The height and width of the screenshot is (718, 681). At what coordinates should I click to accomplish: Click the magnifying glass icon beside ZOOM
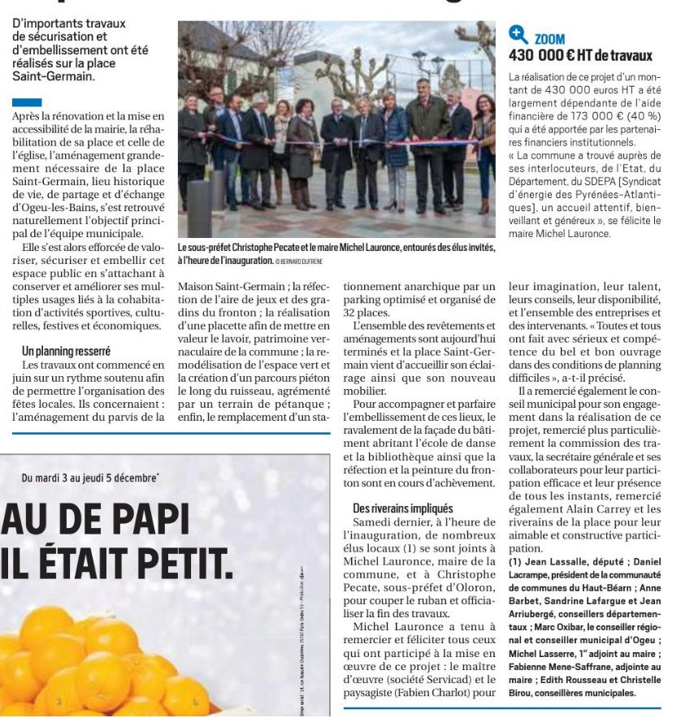tap(518, 35)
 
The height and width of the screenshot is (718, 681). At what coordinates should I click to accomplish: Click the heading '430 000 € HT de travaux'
tap(580, 56)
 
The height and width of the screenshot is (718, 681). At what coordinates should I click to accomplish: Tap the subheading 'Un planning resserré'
tap(66, 352)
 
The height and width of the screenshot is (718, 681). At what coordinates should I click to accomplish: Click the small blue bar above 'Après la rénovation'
tap(27, 103)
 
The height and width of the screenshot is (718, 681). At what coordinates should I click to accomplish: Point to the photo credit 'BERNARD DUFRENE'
tap(305, 261)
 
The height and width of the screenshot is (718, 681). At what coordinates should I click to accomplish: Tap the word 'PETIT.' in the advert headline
tap(167, 561)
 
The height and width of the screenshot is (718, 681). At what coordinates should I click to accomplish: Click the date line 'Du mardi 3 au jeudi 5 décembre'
tap(89, 478)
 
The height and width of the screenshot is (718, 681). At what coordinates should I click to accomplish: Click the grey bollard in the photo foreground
tap(200, 207)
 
